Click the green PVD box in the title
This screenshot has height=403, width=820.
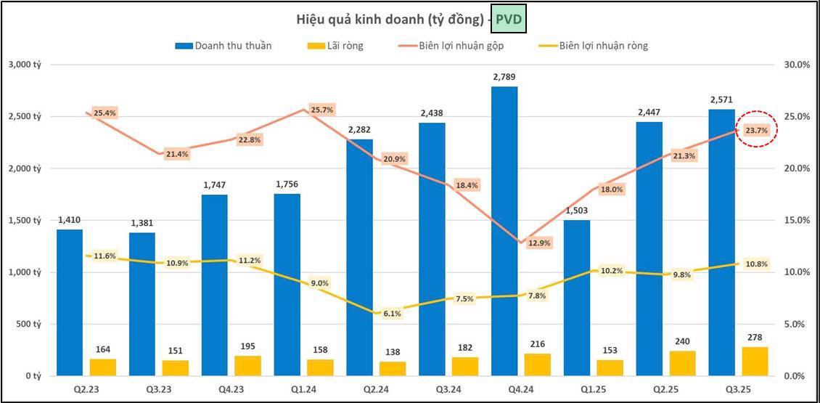click(508, 20)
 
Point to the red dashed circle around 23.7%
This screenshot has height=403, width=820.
click(756, 130)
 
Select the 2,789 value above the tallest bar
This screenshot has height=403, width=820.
click(504, 76)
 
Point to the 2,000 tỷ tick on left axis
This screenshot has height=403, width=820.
click(25, 168)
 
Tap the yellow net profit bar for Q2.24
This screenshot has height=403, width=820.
click(393, 369)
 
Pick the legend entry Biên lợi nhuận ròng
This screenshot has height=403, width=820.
click(603, 46)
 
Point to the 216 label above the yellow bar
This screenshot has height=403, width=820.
click(538, 343)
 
